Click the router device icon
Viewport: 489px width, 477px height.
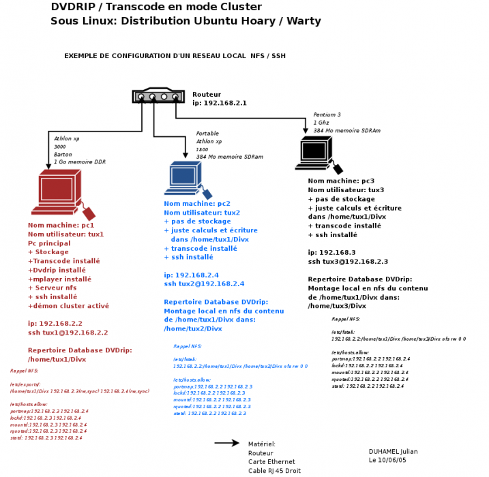pos(159,96)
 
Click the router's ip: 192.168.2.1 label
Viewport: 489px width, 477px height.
pos(219,103)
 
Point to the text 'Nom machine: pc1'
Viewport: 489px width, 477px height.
pos(61,225)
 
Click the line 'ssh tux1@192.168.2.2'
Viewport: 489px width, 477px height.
pos(68,333)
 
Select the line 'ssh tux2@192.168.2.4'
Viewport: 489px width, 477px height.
pos(204,283)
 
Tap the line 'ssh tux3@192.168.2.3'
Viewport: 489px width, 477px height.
pos(348,261)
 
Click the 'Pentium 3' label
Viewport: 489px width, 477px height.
pos(327,114)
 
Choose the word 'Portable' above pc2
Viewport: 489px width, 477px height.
pos(207,133)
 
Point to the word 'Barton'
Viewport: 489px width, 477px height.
pos(63,154)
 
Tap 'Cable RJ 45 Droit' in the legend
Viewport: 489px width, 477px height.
pos(274,470)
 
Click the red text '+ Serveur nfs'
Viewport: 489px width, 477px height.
pos(53,288)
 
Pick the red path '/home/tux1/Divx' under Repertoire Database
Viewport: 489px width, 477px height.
pos(57,359)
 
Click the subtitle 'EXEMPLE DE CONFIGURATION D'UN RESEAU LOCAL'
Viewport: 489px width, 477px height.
pos(175,55)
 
